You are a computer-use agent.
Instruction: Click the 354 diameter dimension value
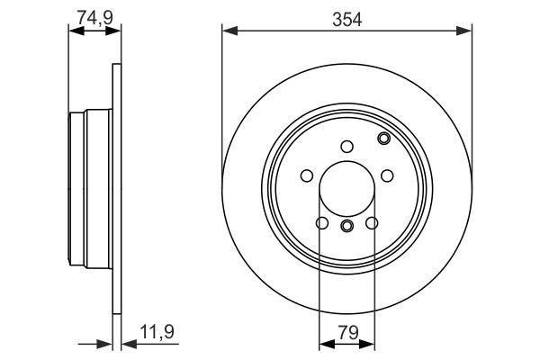point(346,18)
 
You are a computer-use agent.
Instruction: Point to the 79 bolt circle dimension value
point(346,331)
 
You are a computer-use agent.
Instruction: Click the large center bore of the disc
point(346,187)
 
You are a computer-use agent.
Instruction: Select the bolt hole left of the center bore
point(306,175)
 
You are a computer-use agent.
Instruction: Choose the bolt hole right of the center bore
point(387,175)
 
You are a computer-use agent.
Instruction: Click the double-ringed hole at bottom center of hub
point(346,225)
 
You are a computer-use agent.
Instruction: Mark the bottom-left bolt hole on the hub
point(321,223)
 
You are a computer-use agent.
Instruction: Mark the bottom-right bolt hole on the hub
point(372,223)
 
